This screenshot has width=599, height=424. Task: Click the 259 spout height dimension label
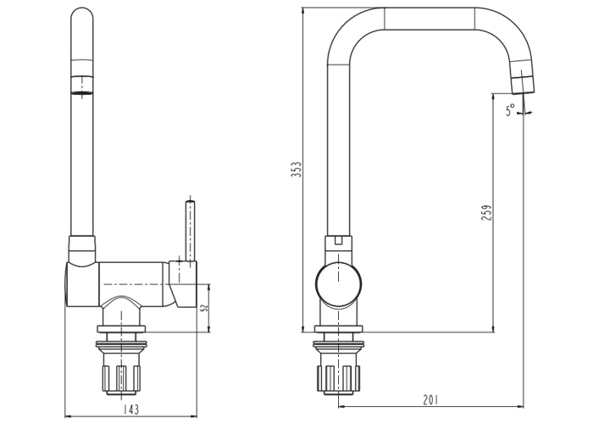485,213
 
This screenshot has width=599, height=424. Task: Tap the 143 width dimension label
131,410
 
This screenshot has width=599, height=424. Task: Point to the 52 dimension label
204,307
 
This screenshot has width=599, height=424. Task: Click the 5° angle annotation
510,110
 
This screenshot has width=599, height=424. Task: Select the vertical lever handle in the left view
190,229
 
